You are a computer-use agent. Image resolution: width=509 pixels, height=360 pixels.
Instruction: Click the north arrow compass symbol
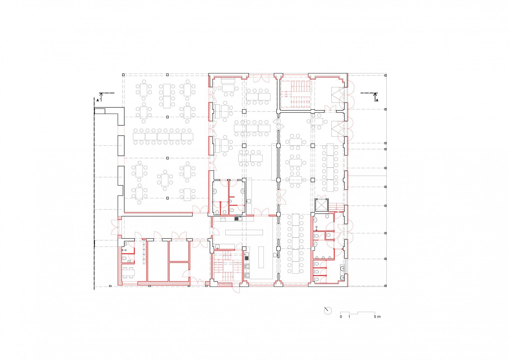[x=328, y=311]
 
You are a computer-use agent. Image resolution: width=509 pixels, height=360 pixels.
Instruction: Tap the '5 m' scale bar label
[x=377, y=317]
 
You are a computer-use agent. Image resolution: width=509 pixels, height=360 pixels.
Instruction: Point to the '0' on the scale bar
[x=341, y=317]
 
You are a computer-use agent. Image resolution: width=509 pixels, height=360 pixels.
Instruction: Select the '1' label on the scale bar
[x=349, y=317]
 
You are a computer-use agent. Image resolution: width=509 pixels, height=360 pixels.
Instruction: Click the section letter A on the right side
[x=377, y=100]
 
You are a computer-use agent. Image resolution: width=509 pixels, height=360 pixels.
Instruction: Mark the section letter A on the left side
[x=98, y=100]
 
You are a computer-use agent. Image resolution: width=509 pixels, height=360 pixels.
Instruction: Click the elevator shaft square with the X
[x=322, y=205]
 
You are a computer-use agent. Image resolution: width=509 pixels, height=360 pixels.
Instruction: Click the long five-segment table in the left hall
[x=163, y=136]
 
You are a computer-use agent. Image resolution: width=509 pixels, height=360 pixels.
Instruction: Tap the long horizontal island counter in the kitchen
[x=244, y=232]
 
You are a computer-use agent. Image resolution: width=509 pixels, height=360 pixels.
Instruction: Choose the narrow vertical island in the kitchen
[x=261, y=257]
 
